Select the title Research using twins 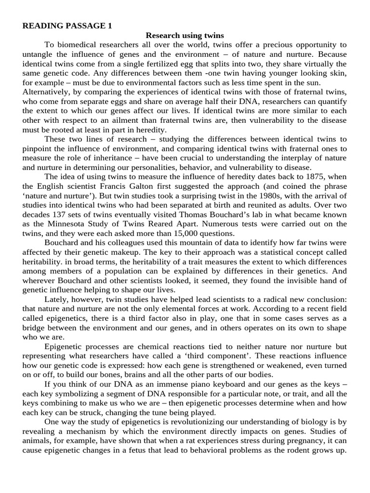(x=185, y=36)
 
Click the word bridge (x=35, y=327)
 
